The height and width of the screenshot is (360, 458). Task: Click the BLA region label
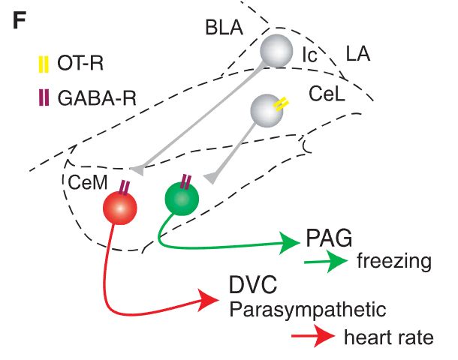[x=223, y=28]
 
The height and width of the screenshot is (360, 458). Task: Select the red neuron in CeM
[x=119, y=205]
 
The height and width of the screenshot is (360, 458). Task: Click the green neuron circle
[x=182, y=199]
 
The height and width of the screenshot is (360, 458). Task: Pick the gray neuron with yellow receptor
[x=267, y=109]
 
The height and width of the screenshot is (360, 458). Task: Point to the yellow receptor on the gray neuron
[x=279, y=106]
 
